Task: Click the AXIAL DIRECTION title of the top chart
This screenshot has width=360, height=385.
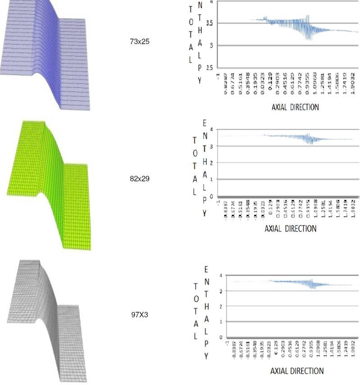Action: point(295,108)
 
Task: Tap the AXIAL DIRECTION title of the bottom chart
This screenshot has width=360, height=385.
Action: point(296,371)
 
